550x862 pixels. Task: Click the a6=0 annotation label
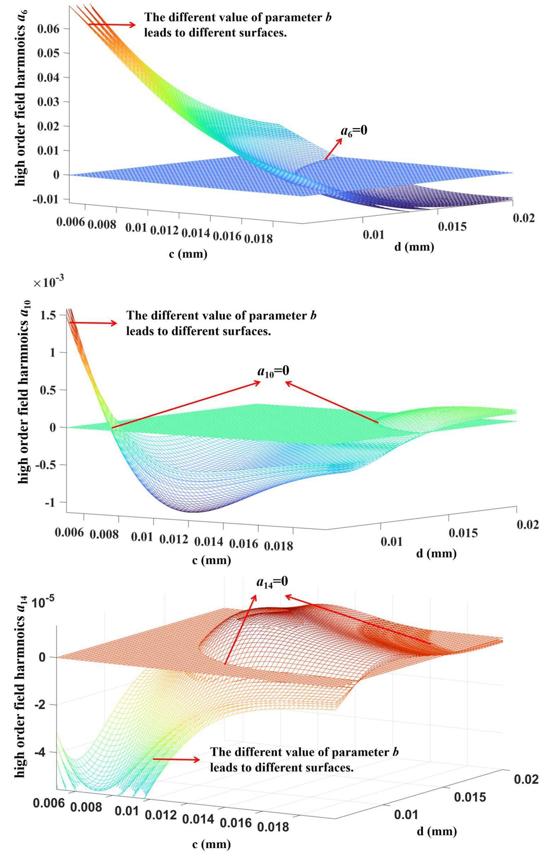(x=354, y=131)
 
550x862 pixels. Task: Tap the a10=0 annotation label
(x=273, y=371)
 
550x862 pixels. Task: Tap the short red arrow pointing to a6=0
(x=333, y=148)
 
